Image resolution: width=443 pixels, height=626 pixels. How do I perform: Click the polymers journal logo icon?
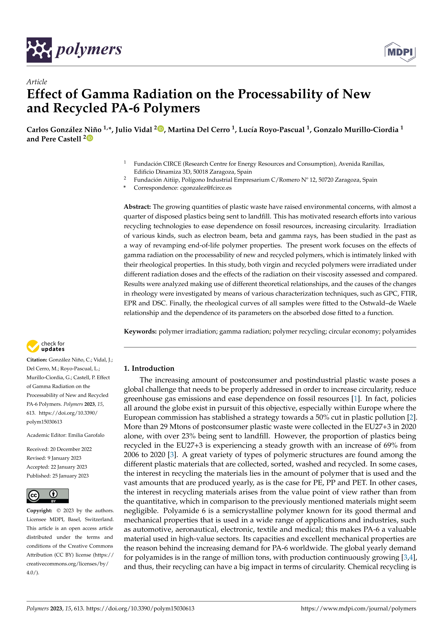pyautogui.click(x=39, y=50)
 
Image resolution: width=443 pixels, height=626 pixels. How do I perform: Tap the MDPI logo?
pyautogui.click(x=400, y=52)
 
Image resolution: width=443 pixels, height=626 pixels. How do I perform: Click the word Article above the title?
pyautogui.click(x=37, y=82)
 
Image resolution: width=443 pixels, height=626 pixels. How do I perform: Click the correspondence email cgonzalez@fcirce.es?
pyautogui.click(x=206, y=188)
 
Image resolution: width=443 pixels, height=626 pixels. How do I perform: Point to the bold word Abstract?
pyautogui.click(x=137, y=207)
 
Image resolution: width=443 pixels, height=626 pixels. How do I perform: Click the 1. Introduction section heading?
pyautogui.click(x=149, y=368)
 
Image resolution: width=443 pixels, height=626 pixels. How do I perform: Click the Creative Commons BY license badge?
pyautogui.click(x=48, y=496)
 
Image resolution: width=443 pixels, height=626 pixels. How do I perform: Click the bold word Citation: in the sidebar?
pyautogui.click(x=37, y=360)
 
